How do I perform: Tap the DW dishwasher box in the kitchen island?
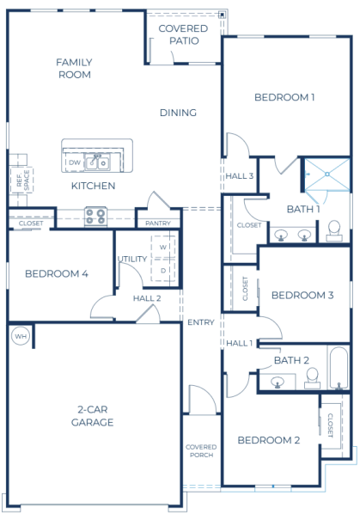coord(75,162)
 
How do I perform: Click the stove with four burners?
coord(95,215)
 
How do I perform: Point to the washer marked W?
coord(162,247)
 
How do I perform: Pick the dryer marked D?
coord(162,270)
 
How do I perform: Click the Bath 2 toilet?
coord(312,376)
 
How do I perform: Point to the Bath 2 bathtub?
coord(339,366)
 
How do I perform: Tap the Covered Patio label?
coord(183,34)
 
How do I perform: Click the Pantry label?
coord(158,223)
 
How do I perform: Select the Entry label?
coord(200,322)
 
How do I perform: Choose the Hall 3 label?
coord(240,176)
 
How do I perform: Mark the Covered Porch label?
coord(201,452)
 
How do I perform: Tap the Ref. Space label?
coord(21,180)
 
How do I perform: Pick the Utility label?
coord(132,258)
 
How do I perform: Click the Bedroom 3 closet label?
coord(246,288)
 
